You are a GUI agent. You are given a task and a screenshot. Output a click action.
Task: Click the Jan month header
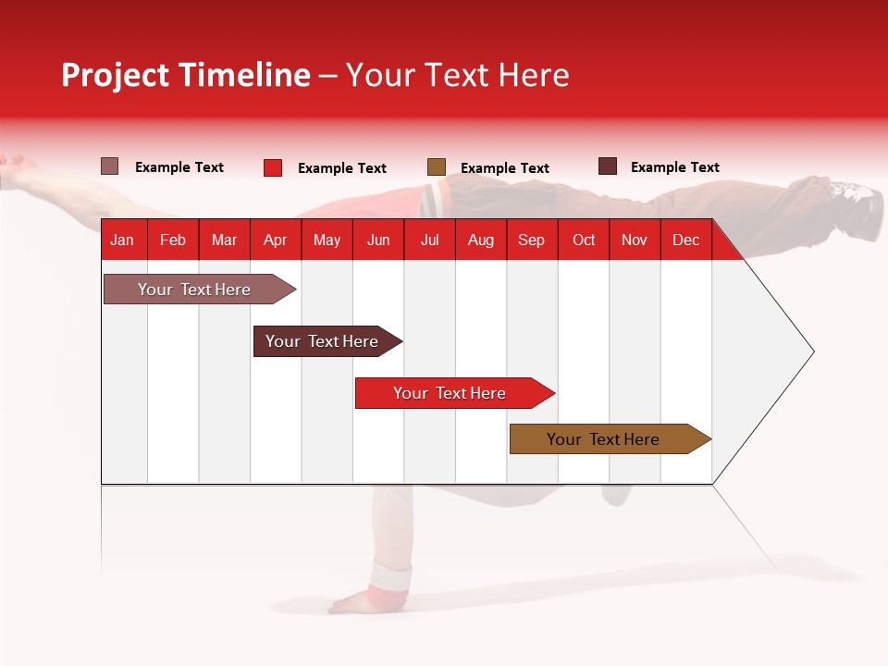(122, 240)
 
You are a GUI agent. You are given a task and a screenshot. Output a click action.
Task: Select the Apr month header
(275, 240)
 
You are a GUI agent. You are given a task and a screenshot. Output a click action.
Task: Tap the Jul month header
(429, 240)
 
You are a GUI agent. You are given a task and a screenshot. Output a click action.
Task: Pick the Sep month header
(531, 240)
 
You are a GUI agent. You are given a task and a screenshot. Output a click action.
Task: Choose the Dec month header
(685, 240)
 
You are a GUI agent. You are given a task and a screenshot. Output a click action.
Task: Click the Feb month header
(173, 240)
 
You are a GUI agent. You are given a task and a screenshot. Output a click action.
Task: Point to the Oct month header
(584, 240)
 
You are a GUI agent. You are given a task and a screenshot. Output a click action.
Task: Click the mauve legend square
(110, 166)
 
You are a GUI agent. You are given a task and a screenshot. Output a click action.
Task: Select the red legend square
(273, 167)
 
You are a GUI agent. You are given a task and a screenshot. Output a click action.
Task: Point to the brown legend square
(437, 167)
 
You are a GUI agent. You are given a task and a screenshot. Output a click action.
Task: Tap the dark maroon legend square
(608, 166)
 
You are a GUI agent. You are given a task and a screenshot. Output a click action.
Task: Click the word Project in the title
(115, 75)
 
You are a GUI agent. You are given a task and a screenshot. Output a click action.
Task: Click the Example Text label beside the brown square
(505, 168)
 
